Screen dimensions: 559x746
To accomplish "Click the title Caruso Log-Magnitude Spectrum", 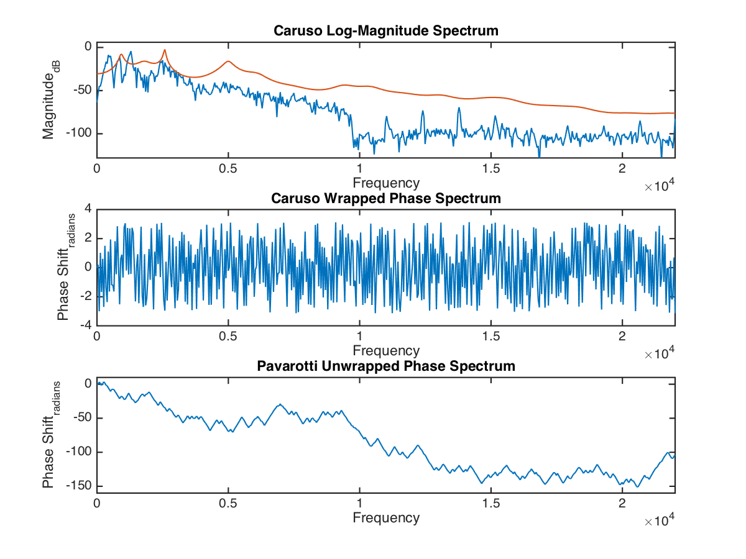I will (386, 31).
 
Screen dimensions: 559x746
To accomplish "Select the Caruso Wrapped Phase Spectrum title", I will (386, 199).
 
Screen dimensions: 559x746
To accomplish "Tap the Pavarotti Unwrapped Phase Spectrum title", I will (386, 366).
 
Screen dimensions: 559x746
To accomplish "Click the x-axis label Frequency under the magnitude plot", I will (386, 183).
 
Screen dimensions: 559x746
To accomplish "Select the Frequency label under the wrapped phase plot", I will (386, 350).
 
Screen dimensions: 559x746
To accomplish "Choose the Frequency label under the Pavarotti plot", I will (386, 517).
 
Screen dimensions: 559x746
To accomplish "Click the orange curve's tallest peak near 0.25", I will (165, 50).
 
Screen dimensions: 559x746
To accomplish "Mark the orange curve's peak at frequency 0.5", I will (229, 61).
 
